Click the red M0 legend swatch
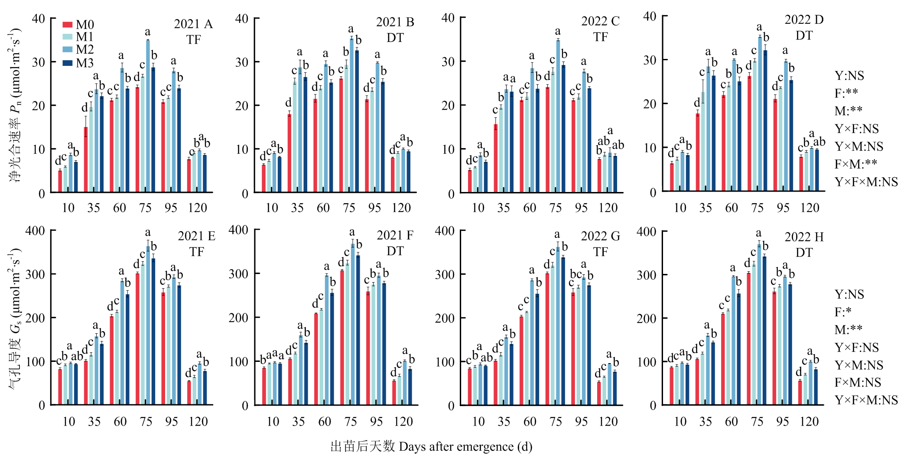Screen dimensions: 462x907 (67, 25)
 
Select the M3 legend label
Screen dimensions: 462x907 (85, 63)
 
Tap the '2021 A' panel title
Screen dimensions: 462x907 (193, 24)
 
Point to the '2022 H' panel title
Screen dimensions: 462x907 (804, 237)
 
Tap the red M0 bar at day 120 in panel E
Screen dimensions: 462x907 (189, 393)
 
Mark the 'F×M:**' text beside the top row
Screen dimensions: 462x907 (855, 164)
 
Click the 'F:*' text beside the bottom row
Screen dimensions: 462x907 (843, 312)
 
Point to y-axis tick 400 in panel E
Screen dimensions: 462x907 (35, 231)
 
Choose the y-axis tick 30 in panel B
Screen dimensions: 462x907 (241, 62)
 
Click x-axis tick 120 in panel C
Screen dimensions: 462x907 (608, 208)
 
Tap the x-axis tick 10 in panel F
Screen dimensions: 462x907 (273, 422)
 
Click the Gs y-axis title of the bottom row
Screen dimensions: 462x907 (15, 319)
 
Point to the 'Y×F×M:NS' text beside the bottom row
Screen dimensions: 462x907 (866, 400)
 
